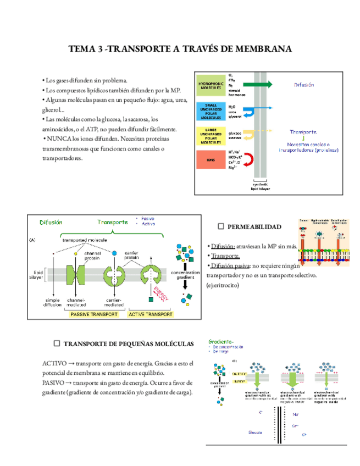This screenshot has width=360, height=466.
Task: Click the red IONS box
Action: pos(211,159)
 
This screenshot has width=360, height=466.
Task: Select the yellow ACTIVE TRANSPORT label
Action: pos(150,314)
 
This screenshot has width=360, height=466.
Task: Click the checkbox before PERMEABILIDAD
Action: pos(221,226)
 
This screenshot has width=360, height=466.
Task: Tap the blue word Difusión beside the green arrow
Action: pos(304,85)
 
